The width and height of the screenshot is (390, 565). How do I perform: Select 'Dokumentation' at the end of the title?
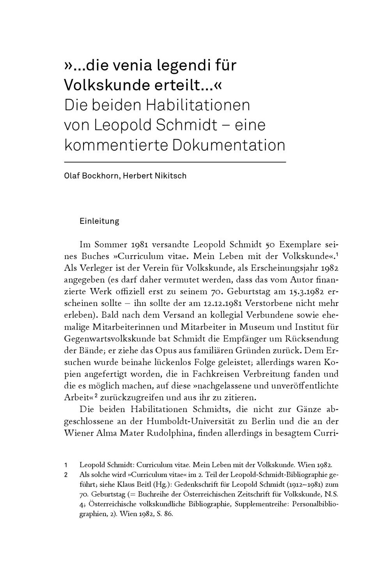pos(229,145)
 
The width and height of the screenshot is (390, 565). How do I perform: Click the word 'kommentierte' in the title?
pos(116,145)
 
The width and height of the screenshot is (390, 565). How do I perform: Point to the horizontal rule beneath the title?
pos(175,162)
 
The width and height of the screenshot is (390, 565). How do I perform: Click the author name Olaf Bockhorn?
pos(91,176)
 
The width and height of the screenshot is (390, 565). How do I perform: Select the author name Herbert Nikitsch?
pos(155,176)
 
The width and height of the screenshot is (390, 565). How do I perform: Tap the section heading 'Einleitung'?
pos(99,221)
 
